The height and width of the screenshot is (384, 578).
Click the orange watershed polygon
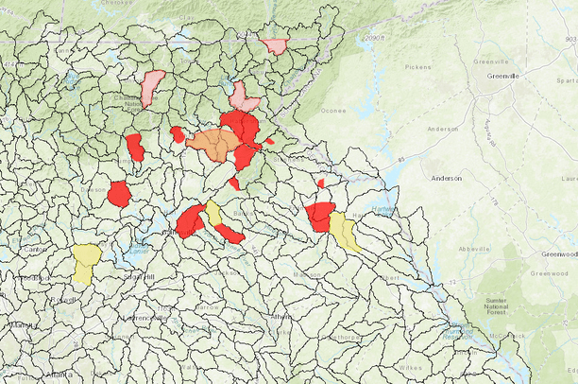214,144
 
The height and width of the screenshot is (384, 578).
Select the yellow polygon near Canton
87,262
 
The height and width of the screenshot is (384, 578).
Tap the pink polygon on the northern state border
275,45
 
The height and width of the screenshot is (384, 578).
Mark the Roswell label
63,300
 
